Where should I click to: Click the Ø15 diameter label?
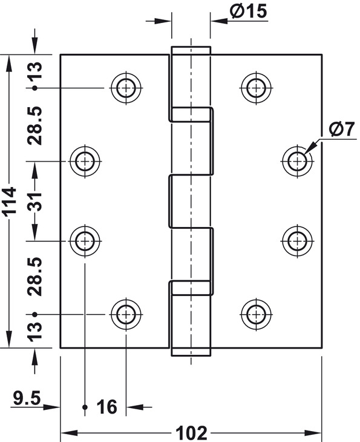click(x=248, y=12)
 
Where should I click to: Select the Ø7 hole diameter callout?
click(x=341, y=130)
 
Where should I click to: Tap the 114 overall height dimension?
click(x=11, y=202)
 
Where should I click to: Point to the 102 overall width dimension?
click(x=191, y=433)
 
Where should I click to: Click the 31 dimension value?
click(x=34, y=202)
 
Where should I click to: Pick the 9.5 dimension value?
click(x=27, y=398)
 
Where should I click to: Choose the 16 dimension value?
click(x=106, y=407)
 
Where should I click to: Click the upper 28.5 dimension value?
click(x=34, y=125)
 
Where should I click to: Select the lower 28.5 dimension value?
click(x=34, y=276)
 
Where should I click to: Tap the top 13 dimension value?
click(x=34, y=70)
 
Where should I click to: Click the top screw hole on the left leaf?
click(x=126, y=88)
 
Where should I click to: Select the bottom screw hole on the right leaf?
click(x=256, y=314)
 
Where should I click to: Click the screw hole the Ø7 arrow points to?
click(x=298, y=161)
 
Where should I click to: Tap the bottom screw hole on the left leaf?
click(x=126, y=314)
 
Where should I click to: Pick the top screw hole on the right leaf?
click(x=256, y=88)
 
